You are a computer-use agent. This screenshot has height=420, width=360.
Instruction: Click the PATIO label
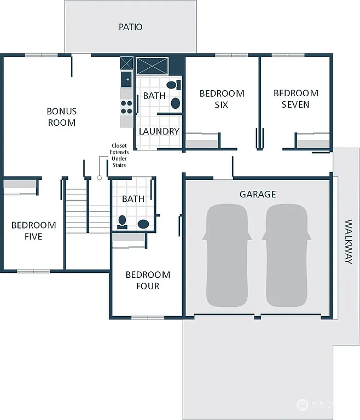130,27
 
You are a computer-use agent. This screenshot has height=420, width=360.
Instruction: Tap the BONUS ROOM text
61,117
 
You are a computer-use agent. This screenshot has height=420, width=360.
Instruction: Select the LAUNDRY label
159,132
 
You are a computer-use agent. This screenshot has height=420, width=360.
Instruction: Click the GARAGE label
257,194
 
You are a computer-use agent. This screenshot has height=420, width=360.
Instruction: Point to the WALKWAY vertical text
349,242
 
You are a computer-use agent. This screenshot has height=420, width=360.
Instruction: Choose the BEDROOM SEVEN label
295,99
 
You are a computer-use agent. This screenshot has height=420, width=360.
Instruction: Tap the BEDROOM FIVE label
33,231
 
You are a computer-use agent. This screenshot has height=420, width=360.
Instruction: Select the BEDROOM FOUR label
148,281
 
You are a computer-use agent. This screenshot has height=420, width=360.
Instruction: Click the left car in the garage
228,256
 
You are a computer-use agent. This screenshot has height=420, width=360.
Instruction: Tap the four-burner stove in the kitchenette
126,106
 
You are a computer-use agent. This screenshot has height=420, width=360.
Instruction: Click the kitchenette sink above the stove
126,79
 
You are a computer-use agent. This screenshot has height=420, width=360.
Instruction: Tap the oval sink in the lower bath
143,224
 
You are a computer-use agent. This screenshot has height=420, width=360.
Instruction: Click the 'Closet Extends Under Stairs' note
118,155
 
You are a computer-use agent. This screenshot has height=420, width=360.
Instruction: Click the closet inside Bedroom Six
202,143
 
